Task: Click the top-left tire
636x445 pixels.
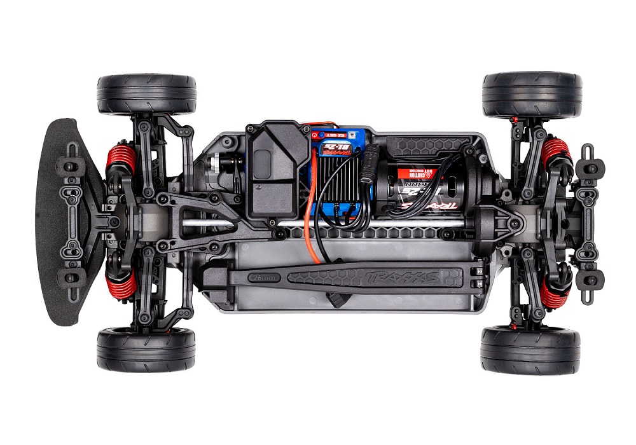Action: (146, 94)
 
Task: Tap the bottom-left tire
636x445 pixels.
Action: (146, 350)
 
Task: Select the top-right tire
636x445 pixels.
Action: (532, 94)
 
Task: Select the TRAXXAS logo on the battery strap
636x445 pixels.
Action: (395, 277)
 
